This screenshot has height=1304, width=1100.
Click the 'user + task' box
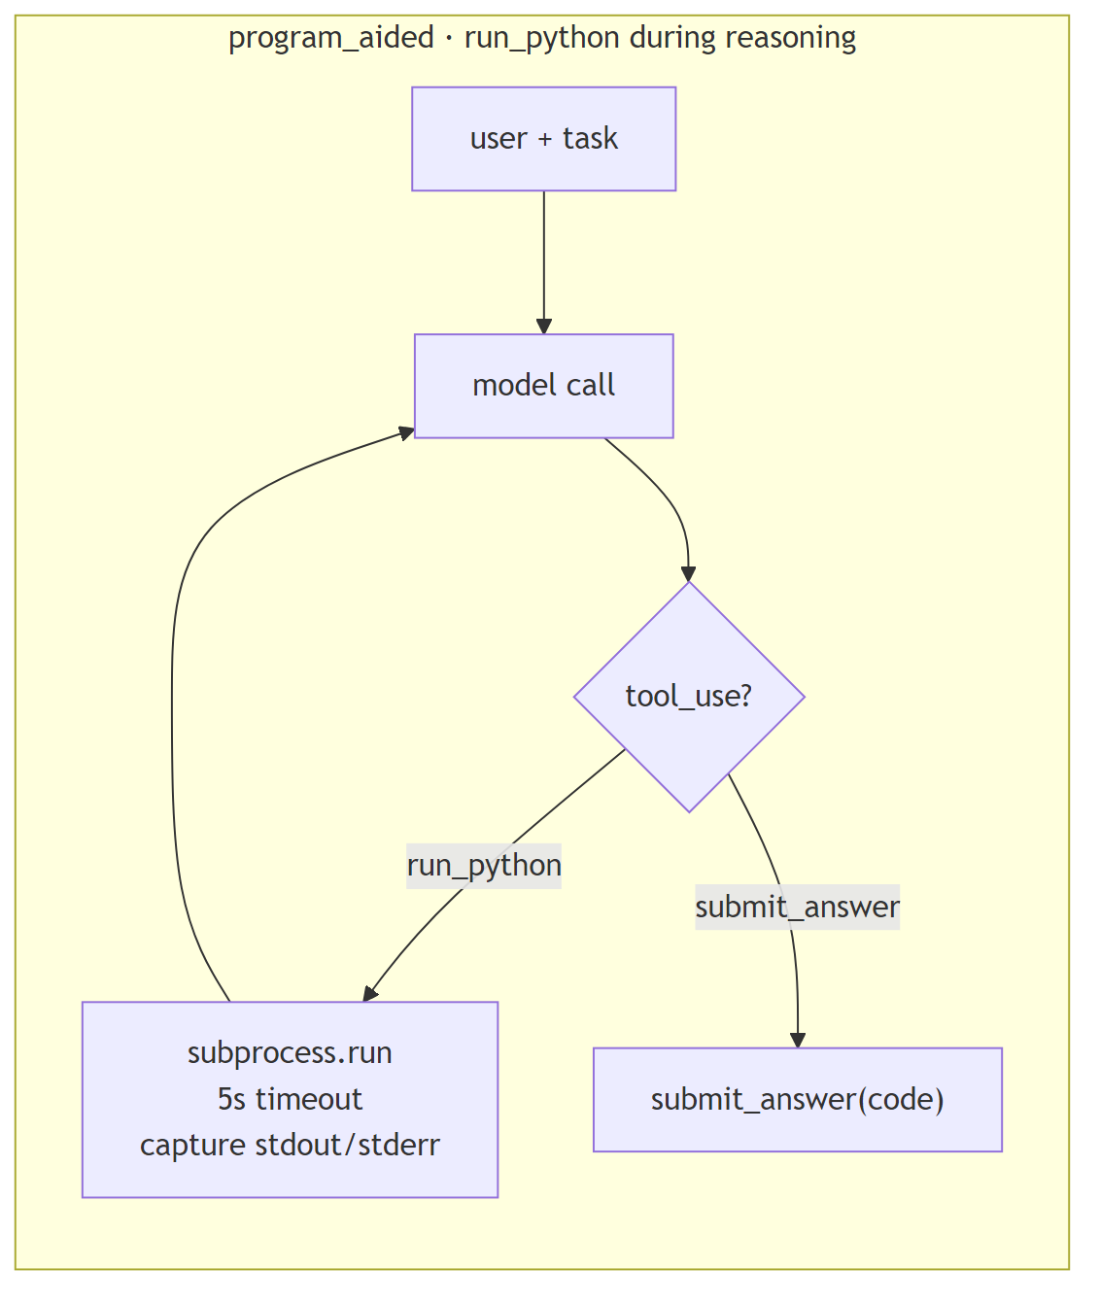pyautogui.click(x=543, y=139)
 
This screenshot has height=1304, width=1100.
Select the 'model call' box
pyautogui.click(x=543, y=386)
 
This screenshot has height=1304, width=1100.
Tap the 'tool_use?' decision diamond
pyautogui.click(x=689, y=696)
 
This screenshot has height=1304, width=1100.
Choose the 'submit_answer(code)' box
pyautogui.click(x=797, y=1099)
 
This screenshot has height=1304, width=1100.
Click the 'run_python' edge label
pyautogui.click(x=484, y=865)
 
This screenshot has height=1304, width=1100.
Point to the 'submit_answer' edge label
pyautogui.click(x=797, y=907)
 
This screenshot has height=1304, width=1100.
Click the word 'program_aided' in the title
pyautogui.click(x=331, y=38)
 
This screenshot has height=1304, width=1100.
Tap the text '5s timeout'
pyautogui.click(x=290, y=1099)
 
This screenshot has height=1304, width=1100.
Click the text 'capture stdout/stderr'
pyautogui.click(x=290, y=1145)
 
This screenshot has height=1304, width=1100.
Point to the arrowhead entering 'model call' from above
pyautogui.click(x=543, y=326)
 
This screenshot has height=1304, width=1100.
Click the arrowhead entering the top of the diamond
pyautogui.click(x=689, y=573)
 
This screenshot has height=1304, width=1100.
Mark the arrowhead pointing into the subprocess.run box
pyautogui.click(x=369, y=993)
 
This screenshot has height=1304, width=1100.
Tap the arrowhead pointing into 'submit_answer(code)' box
pyautogui.click(x=798, y=1040)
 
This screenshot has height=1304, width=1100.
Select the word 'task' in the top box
pyautogui.click(x=590, y=139)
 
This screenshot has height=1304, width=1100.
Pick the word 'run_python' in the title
pyautogui.click(x=541, y=38)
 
